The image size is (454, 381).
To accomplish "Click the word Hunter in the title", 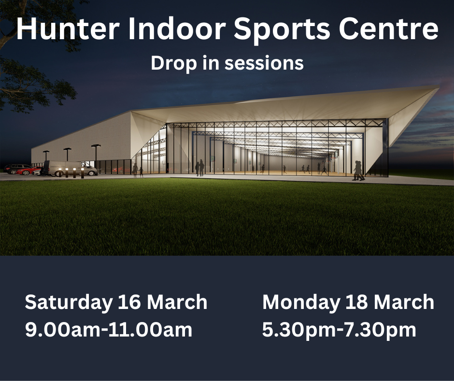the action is point(68,29).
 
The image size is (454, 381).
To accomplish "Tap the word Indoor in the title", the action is point(177,29).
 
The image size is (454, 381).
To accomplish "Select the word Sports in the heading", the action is point(282,30).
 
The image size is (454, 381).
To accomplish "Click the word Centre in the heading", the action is point(389,29).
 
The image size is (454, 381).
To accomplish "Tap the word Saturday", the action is point(69,303).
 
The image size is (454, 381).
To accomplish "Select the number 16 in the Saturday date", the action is point(129,302).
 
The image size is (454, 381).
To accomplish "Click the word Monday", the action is point(301,303).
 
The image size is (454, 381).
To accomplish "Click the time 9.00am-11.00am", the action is point(109,330).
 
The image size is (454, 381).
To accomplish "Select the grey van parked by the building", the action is point(70,168).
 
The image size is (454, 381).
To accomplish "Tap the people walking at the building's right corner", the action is point(358,171).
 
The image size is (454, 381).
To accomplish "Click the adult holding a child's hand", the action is point(135,170).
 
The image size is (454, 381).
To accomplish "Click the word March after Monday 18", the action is point(404,302).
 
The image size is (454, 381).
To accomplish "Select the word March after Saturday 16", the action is point(177,302).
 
